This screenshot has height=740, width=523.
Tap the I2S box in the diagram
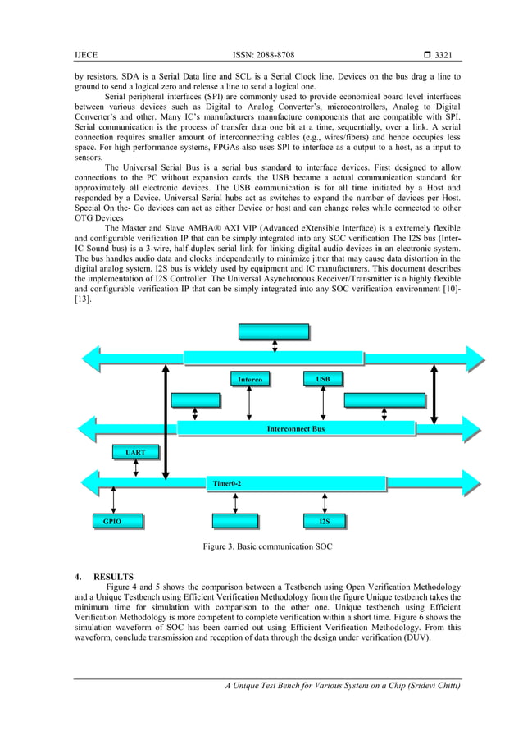[x=324, y=521]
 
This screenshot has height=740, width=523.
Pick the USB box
[x=322, y=379]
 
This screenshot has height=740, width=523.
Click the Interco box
[x=250, y=380]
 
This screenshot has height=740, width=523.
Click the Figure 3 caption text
[x=261, y=546]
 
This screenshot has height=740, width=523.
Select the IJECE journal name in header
[x=85, y=54]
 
